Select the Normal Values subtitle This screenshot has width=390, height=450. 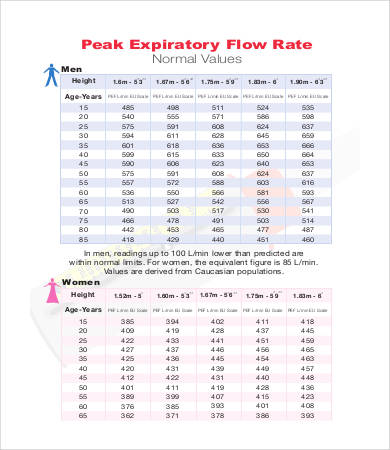click(x=194, y=60)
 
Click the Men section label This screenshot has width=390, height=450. click(x=73, y=69)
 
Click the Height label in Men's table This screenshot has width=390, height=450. click(x=84, y=79)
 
